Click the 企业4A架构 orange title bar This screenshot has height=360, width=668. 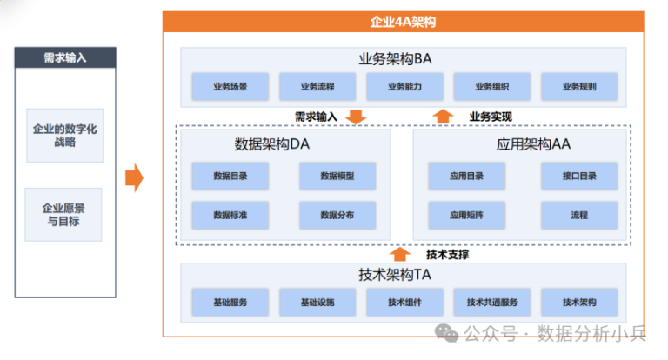pyautogui.click(x=403, y=22)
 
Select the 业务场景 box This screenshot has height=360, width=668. pyautogui.click(x=230, y=87)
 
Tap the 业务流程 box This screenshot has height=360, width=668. pyautogui.click(x=317, y=87)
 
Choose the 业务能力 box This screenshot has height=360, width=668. pyautogui.click(x=405, y=87)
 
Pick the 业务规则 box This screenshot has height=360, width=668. pyautogui.click(x=579, y=87)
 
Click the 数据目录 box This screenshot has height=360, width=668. pyautogui.click(x=230, y=176)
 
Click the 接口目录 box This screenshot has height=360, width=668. pyautogui.click(x=579, y=176)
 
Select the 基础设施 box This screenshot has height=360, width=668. pyautogui.click(x=317, y=303)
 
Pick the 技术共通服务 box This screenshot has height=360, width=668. pyautogui.click(x=492, y=303)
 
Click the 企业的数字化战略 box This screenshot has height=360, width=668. pyautogui.click(x=64, y=134)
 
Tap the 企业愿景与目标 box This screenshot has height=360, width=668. pyautogui.click(x=64, y=214)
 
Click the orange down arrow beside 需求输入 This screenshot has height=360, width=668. pyautogui.click(x=357, y=117)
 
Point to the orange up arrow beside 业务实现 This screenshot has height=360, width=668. pyautogui.click(x=444, y=117)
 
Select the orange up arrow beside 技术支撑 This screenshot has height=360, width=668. pyautogui.click(x=399, y=254)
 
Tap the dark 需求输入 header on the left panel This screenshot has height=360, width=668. pyautogui.click(x=65, y=58)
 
